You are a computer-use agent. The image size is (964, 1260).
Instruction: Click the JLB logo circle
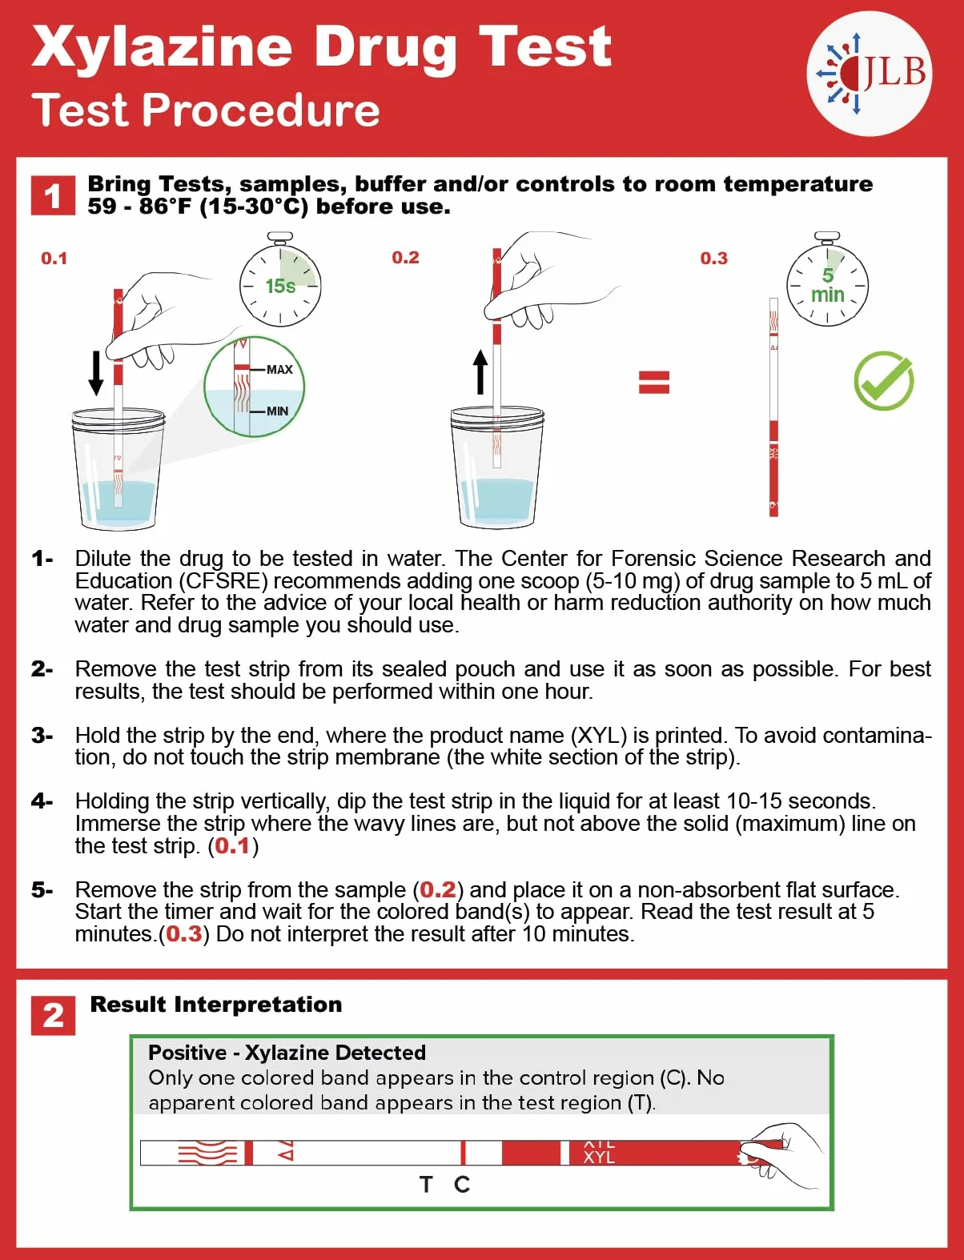(x=869, y=74)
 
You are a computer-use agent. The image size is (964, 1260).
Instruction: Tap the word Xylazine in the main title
(x=162, y=48)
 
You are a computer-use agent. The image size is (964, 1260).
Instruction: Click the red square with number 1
(x=53, y=195)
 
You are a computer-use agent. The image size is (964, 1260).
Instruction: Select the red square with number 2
(x=53, y=1015)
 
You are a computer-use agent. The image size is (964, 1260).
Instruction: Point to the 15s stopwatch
(x=280, y=280)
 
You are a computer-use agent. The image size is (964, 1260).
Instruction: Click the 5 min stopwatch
(x=827, y=279)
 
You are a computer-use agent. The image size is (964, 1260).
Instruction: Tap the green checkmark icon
(x=884, y=380)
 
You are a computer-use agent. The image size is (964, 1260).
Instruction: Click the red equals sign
(x=654, y=383)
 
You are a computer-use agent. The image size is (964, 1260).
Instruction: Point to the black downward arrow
(x=96, y=373)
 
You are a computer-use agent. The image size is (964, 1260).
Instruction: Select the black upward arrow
(x=480, y=372)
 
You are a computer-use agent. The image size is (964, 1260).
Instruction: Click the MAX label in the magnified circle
(x=279, y=370)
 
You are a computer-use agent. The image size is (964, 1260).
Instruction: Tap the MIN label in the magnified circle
(x=277, y=411)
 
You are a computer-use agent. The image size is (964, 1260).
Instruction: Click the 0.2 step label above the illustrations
(x=405, y=258)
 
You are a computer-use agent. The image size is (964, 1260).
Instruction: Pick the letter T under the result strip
(x=426, y=1184)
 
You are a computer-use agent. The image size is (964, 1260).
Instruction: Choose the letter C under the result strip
(x=462, y=1184)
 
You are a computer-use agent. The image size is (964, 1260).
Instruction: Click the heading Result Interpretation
(x=216, y=1005)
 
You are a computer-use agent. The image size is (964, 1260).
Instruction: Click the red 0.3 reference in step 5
(x=184, y=934)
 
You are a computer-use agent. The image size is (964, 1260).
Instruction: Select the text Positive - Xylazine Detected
(x=287, y=1053)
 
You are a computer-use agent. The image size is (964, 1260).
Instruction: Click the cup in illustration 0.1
(x=118, y=467)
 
